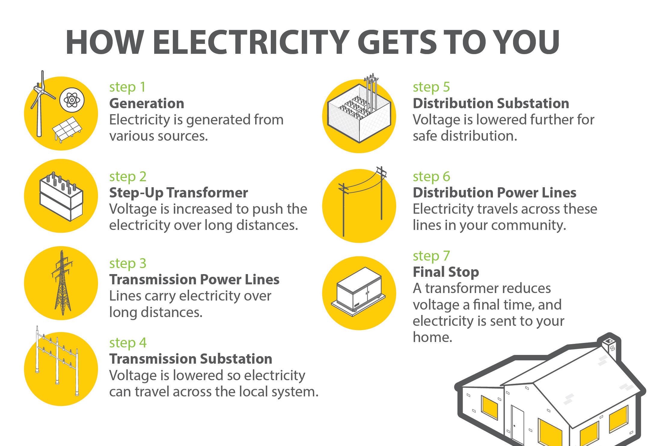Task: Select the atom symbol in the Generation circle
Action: click(72, 100)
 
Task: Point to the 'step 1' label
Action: click(127, 87)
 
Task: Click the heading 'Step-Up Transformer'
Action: click(179, 193)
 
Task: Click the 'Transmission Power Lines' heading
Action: click(194, 280)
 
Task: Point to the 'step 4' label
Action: click(128, 343)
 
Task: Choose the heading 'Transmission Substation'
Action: click(191, 359)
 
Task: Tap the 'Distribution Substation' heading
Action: click(491, 103)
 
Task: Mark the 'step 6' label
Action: click(431, 176)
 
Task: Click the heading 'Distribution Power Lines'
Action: click(494, 193)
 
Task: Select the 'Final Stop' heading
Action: click(446, 272)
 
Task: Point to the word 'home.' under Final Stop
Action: click(432, 337)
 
